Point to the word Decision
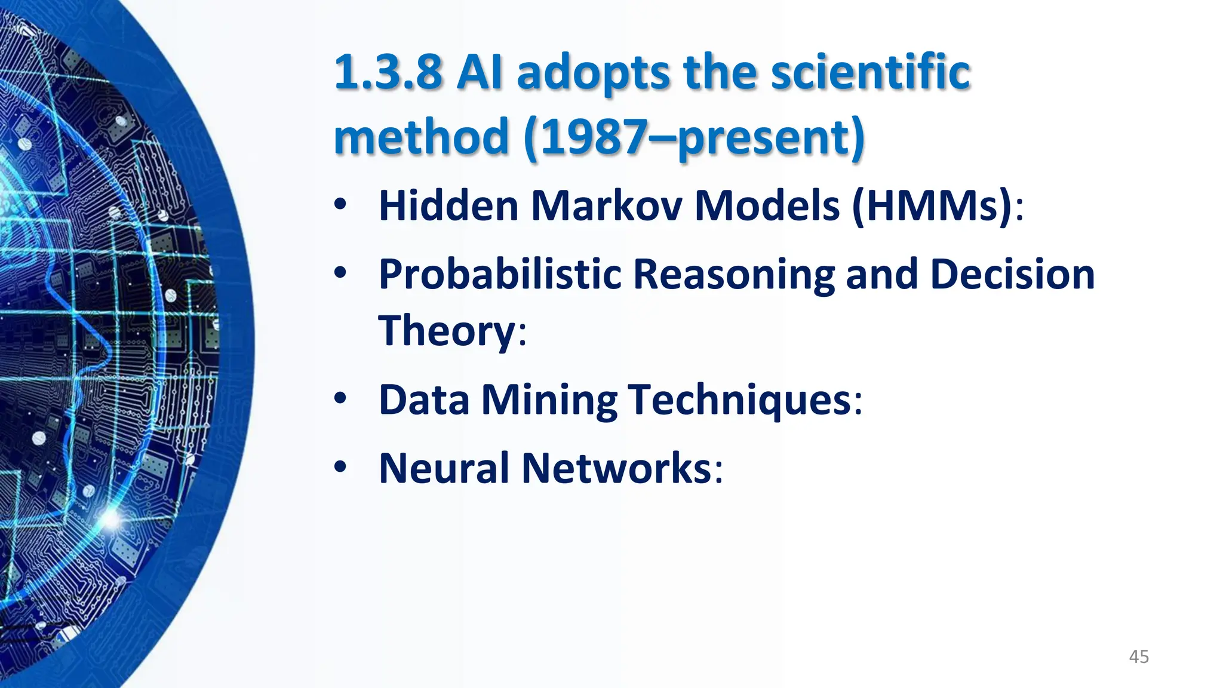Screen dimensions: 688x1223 [1012, 275]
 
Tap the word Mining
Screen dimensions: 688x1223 [549, 400]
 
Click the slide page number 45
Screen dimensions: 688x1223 [1139, 657]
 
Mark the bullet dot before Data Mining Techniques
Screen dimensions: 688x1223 [340, 398]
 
